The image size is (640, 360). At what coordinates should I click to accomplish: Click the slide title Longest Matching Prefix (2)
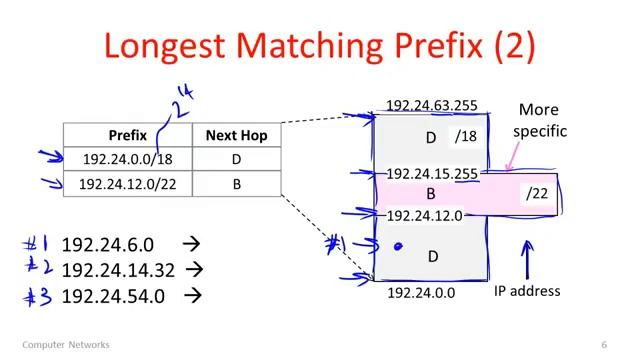pos(319,46)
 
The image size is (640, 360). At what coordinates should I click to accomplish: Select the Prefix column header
pos(127,135)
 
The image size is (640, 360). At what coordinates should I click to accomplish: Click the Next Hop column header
pos(236,135)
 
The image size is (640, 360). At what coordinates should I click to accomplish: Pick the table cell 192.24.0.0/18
pos(127,159)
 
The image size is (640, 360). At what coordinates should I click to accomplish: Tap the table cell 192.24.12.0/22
pos(127,184)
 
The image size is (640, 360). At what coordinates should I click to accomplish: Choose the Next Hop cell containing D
pos(236,159)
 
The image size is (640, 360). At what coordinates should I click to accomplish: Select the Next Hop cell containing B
pos(236,184)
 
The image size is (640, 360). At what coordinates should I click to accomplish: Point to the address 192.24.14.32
pos(116,269)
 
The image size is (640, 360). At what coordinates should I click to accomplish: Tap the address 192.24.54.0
pos(113,295)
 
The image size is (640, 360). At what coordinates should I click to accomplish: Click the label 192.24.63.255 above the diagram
pos(431,106)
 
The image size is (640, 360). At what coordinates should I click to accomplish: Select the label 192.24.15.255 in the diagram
pos(431,174)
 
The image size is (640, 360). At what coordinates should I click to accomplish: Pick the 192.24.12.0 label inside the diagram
pos(424,215)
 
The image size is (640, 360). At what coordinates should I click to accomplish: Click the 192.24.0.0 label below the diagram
pos(421,293)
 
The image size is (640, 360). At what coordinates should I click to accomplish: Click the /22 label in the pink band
pos(537,194)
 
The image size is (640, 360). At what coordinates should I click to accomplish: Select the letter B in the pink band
pos(432,194)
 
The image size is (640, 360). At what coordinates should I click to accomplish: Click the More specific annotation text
pos(539,120)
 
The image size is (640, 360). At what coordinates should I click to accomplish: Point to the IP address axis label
pos(527,291)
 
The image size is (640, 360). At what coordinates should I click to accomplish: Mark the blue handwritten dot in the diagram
pos(398,245)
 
